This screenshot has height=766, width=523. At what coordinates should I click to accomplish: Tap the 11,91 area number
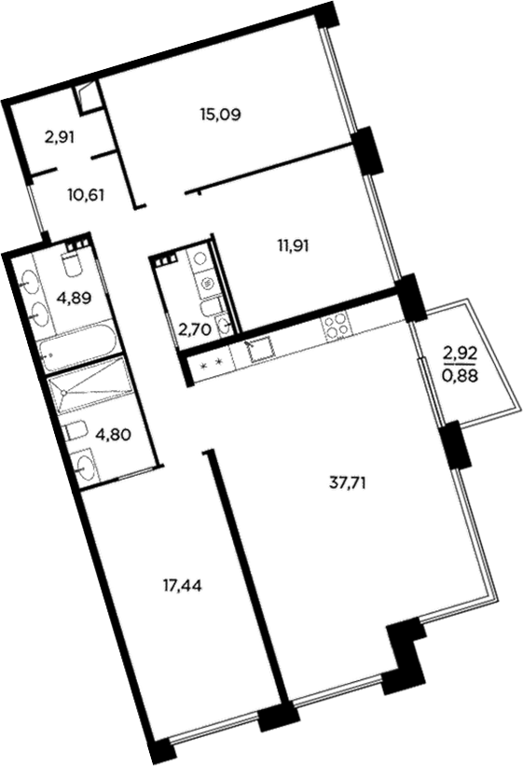293,246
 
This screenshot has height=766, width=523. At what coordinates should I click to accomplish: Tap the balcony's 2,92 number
460,354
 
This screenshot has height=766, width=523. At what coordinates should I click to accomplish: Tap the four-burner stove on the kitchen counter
336,327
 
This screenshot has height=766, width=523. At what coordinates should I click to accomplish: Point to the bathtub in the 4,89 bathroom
79,350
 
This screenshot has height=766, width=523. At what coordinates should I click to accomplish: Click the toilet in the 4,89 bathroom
73,265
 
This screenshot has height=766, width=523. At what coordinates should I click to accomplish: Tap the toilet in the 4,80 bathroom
74,431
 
